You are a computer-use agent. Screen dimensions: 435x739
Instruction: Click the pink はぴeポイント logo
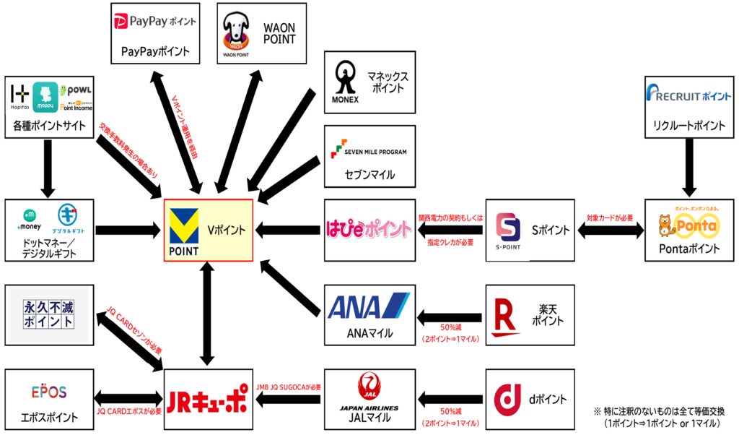367,230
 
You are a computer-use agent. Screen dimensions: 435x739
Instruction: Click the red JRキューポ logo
207,400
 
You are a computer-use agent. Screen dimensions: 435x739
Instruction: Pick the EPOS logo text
49,392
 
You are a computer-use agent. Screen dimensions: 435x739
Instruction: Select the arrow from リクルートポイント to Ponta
690,166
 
